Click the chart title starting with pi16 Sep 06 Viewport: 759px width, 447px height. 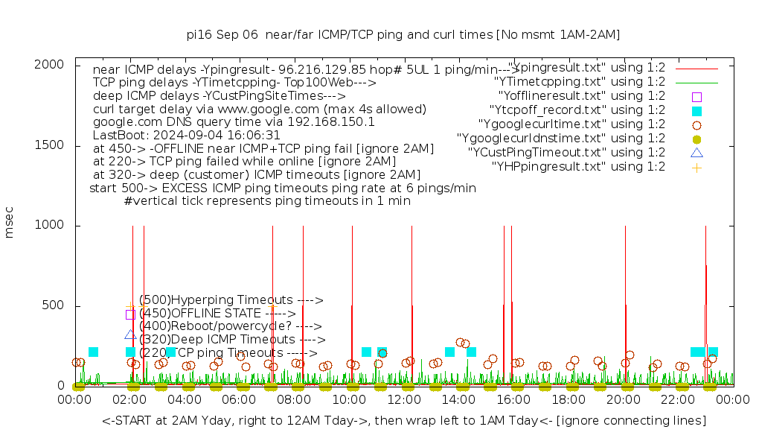403,34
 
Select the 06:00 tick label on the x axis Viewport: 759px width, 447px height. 240,399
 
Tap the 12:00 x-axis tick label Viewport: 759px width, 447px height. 404,399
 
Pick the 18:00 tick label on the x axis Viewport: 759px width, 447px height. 569,399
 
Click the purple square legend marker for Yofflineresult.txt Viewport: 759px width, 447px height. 696,97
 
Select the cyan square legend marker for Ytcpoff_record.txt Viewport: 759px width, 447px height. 696,111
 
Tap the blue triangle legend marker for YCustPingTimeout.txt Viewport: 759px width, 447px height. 696,153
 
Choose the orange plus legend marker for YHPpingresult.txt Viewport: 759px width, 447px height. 696,167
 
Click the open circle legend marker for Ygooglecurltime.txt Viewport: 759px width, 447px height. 696,125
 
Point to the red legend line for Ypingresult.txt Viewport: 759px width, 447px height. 696,69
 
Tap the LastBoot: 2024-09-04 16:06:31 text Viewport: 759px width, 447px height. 186,136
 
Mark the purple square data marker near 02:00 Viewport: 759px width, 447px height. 130,314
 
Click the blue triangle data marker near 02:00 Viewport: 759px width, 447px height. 130,335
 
